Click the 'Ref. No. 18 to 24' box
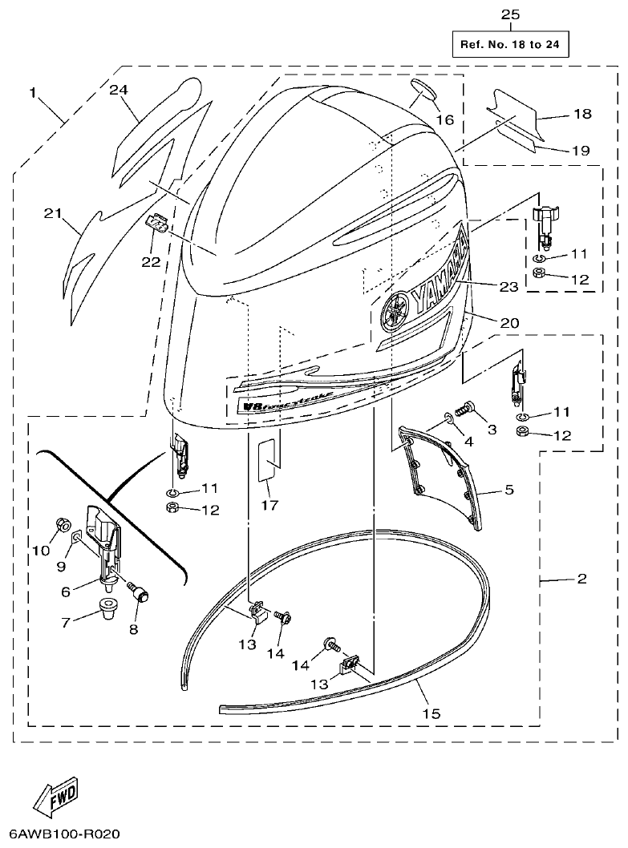tap(509, 43)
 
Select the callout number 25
tap(510, 14)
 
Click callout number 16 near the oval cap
tap(444, 119)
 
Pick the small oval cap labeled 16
tap(423, 91)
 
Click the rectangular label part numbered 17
tap(267, 459)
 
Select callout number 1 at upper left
tap(33, 93)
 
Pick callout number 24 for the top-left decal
tap(119, 91)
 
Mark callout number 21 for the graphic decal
tap(53, 212)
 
